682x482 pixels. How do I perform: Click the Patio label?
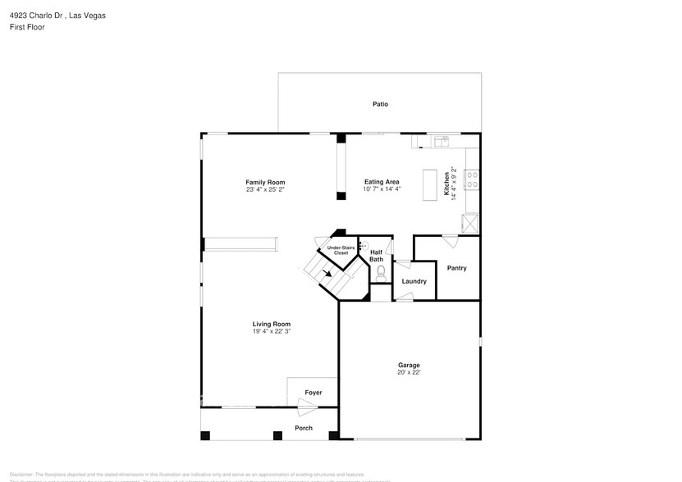[x=380, y=104]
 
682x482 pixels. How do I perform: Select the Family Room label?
[x=265, y=182]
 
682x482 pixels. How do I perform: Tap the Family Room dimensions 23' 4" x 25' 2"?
[x=265, y=189]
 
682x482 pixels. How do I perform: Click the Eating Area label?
[x=382, y=182]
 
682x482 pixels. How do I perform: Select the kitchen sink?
[x=443, y=140]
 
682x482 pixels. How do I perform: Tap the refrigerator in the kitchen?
[x=471, y=223]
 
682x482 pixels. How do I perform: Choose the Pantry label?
[x=456, y=268]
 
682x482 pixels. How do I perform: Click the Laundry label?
[x=414, y=281]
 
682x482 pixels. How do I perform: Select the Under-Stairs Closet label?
[x=341, y=250]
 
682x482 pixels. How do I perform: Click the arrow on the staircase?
[x=327, y=275]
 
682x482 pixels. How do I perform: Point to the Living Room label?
[x=271, y=324]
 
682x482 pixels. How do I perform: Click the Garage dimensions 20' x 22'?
[x=410, y=372]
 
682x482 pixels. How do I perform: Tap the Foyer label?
[x=314, y=393]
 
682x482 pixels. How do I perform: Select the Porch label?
[x=304, y=428]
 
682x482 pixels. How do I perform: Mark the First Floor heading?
[x=27, y=27]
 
